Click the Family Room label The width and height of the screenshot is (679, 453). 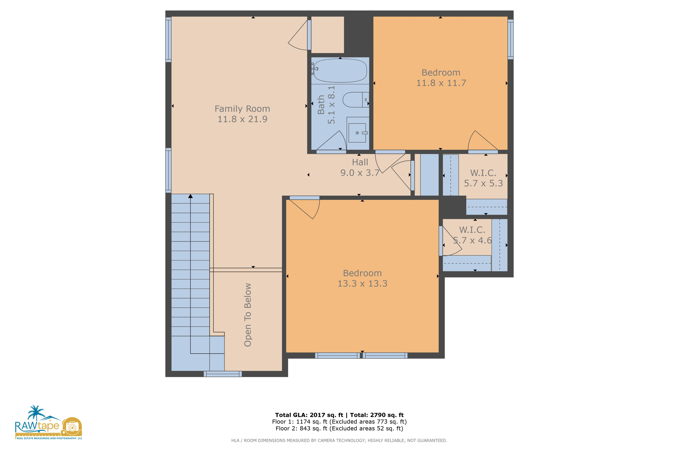(x=242, y=109)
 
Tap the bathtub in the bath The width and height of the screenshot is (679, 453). (x=340, y=70)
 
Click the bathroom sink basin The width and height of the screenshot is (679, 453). (x=357, y=133)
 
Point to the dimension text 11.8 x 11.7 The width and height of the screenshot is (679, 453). (x=441, y=83)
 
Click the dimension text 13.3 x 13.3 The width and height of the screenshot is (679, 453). (x=362, y=284)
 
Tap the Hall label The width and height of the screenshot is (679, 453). (x=360, y=162)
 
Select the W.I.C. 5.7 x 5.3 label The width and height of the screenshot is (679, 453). (x=483, y=178)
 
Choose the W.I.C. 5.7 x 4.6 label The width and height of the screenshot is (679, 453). (x=472, y=235)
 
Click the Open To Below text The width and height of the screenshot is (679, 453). (x=248, y=315)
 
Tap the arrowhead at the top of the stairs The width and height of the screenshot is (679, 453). (x=190, y=196)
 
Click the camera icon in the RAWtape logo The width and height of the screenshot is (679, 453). (x=72, y=427)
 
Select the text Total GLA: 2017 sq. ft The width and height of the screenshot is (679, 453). (x=309, y=415)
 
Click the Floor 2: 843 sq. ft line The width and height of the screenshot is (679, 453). (x=339, y=428)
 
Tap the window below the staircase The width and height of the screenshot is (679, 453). (x=222, y=374)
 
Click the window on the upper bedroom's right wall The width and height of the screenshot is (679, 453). (x=511, y=39)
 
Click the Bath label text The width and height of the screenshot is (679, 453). (x=321, y=105)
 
